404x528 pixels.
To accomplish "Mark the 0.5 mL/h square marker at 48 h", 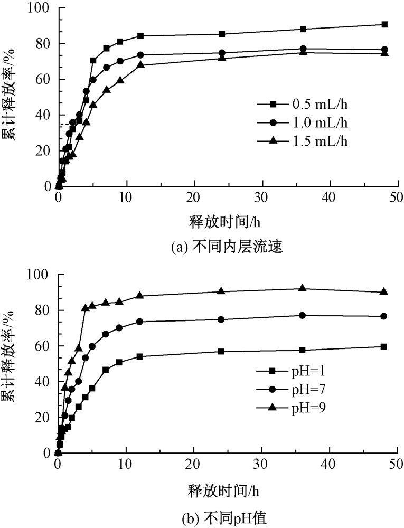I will (x=384, y=24).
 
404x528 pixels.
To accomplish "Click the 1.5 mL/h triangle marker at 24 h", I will (x=222, y=58).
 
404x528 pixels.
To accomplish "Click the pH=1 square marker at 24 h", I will (x=221, y=351).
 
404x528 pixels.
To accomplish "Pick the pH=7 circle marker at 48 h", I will (x=384, y=316).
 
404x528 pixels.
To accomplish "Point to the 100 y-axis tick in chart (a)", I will (x=41, y=8).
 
